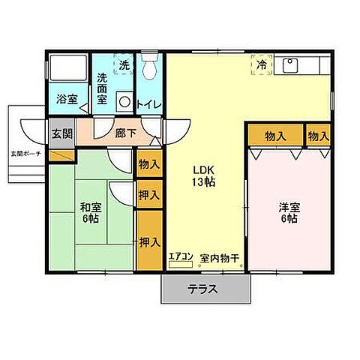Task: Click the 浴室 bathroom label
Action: pos(69,99)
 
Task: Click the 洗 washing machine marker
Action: pos(124,64)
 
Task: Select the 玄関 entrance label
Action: pos(62,134)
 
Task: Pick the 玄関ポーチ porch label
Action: pos(25,154)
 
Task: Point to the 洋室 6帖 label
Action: pos(287,214)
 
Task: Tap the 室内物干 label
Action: pos(219,259)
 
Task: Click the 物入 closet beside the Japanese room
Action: pos(149,163)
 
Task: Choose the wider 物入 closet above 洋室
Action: pos(275,136)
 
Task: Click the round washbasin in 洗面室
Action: pos(125,102)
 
